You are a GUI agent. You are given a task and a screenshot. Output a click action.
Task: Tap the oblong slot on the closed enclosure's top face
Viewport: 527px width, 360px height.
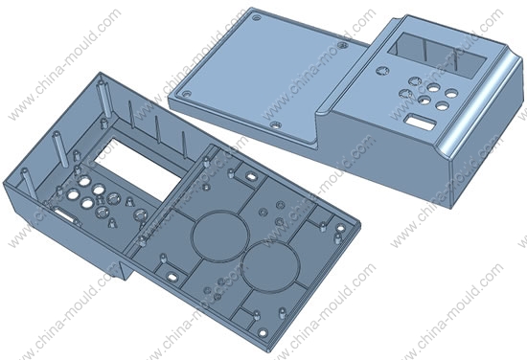(420, 122)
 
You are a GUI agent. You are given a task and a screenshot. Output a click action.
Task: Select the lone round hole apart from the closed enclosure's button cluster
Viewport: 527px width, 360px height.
(381, 71)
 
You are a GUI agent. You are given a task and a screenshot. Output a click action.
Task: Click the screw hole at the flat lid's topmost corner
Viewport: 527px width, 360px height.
(257, 17)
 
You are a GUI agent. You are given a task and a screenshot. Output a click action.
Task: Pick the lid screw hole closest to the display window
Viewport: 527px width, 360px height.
(343, 45)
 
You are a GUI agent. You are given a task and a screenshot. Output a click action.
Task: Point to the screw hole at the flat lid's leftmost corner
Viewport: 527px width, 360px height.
(187, 93)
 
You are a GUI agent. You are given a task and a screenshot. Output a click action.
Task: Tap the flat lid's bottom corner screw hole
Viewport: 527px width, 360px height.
(276, 125)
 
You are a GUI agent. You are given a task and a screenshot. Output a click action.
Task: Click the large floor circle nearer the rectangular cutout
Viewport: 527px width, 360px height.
(220, 236)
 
